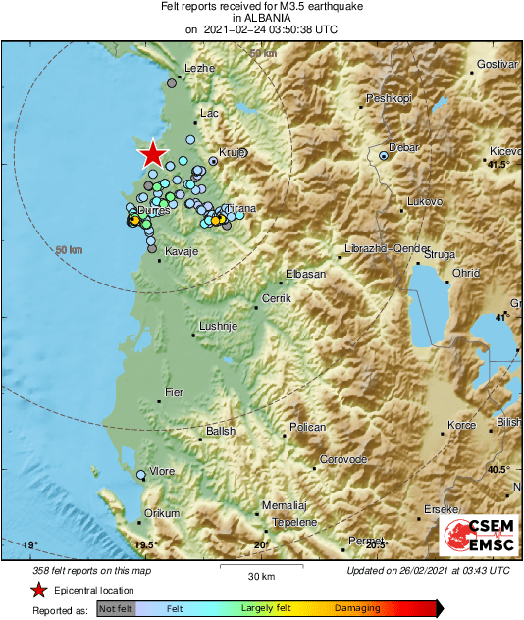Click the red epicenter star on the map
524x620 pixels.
(152, 154)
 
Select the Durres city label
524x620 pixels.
(154, 211)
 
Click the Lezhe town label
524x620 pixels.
(199, 68)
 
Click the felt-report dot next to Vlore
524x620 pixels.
(141, 475)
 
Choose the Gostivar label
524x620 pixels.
(496, 64)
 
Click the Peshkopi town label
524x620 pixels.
(386, 98)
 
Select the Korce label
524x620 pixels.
(461, 425)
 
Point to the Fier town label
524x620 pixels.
(173, 392)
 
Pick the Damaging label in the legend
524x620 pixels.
(357, 609)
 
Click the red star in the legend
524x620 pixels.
(38, 590)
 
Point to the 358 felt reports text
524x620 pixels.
(89, 570)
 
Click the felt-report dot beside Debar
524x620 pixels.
(385, 154)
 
